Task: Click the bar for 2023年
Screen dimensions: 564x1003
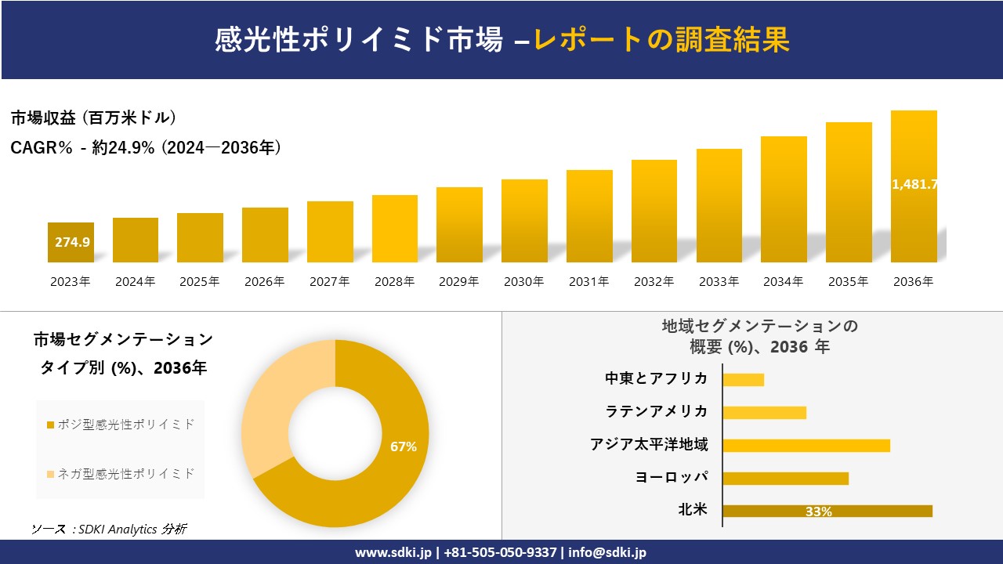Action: (71, 243)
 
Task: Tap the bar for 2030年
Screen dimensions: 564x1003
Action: (524, 221)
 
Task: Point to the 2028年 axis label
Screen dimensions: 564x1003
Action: (394, 282)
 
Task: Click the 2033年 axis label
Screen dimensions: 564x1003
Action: (719, 282)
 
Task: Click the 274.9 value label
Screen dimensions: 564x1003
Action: (72, 242)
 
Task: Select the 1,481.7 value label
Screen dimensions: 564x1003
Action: (914, 185)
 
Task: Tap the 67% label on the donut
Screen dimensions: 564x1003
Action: (404, 446)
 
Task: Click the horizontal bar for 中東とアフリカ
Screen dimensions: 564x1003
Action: (743, 380)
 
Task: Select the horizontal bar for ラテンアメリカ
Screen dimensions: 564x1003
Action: (764, 413)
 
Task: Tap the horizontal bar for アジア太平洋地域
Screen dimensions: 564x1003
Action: (806, 446)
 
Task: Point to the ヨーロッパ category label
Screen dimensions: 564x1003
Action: (672, 477)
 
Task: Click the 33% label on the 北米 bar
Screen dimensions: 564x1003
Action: (819, 512)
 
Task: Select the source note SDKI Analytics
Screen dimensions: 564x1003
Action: (109, 529)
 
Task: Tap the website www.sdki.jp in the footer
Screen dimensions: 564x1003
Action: (393, 552)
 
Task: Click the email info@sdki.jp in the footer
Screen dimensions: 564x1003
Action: (607, 552)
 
